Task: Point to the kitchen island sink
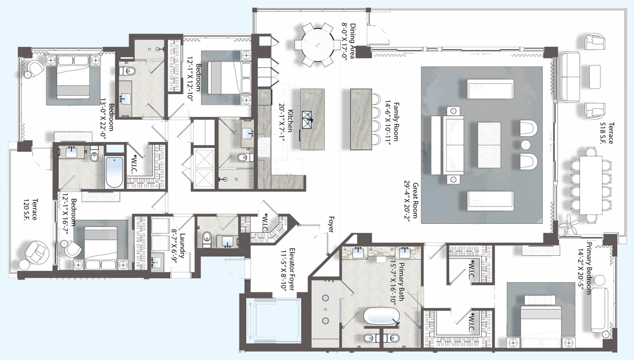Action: pyautogui.click(x=308, y=117)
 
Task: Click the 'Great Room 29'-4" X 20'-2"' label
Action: pyautogui.click(x=411, y=202)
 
